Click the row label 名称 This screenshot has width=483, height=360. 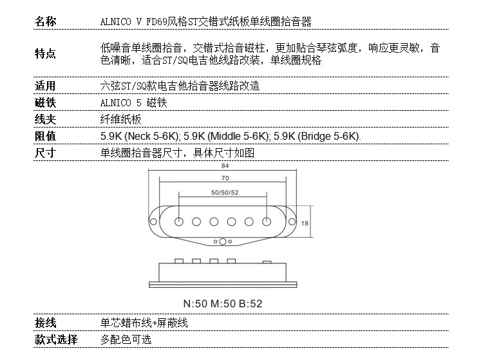(45, 22)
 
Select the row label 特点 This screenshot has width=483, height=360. (45, 54)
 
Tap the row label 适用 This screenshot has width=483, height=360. (45, 86)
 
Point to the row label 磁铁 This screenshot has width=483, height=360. (45, 103)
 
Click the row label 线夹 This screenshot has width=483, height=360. (45, 120)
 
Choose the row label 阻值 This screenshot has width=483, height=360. (45, 137)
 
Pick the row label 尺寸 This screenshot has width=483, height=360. (45, 153)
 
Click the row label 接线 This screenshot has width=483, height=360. (45, 323)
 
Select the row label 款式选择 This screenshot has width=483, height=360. (56, 339)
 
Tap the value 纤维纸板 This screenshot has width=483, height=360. (120, 120)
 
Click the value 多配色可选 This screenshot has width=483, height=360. (126, 339)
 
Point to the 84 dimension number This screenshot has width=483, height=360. (224, 166)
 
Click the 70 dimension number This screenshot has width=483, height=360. (224, 178)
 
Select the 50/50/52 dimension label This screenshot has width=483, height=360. (224, 193)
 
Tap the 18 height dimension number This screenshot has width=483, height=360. (305, 222)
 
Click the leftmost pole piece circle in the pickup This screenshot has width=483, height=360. (178, 222)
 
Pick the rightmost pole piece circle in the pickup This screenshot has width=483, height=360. (267, 222)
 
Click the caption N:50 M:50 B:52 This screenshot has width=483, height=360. (223, 303)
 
